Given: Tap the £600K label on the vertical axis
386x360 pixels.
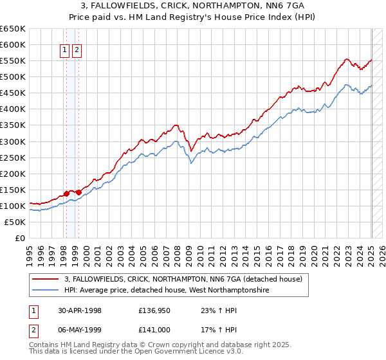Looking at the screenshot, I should click(x=12, y=44).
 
